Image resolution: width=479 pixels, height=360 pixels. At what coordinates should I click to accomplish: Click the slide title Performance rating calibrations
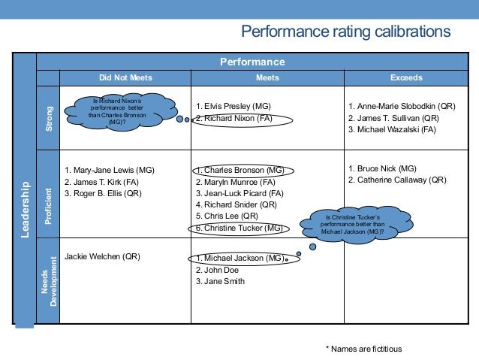(345, 32)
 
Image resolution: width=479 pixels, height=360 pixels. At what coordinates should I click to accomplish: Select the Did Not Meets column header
(125, 77)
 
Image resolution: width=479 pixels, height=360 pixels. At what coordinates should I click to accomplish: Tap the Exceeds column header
(406, 77)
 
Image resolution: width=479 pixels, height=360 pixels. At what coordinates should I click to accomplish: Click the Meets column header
(267, 77)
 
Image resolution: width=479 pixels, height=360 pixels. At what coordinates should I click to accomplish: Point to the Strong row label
(50, 118)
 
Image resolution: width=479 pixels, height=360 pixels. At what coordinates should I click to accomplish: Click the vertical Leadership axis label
(25, 209)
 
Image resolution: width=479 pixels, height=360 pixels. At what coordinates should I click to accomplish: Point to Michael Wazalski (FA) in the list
(390, 129)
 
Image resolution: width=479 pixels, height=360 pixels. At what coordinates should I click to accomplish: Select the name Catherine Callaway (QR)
(398, 180)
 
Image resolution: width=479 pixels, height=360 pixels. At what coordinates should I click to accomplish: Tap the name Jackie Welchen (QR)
(102, 256)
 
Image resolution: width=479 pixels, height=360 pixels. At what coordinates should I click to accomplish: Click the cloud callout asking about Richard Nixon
(116, 110)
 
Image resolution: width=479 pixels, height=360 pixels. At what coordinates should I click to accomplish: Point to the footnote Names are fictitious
(363, 349)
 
